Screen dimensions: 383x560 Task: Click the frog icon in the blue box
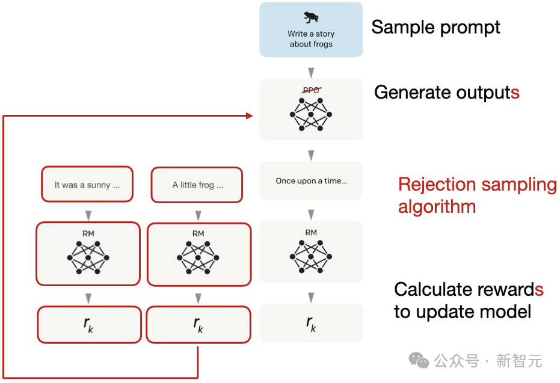(x=311, y=17)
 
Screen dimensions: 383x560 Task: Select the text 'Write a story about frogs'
(x=311, y=39)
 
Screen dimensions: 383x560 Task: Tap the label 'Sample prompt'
(x=435, y=27)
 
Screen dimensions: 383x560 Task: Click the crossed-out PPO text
(x=311, y=90)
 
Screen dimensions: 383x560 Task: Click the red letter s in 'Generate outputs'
(x=515, y=93)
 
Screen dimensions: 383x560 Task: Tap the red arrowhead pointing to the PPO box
(x=249, y=115)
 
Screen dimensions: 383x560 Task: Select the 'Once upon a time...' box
(x=311, y=180)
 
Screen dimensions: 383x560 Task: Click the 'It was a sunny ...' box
(x=87, y=185)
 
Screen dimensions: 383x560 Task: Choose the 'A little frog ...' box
(x=197, y=185)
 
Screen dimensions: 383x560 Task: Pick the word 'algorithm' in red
(x=437, y=207)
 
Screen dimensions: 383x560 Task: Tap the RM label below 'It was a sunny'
(x=88, y=233)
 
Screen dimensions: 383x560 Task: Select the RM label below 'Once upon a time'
(x=311, y=233)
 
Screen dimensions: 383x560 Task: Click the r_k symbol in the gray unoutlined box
(x=310, y=323)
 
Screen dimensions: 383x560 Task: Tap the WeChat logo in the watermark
(x=419, y=360)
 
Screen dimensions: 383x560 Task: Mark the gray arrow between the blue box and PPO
(x=311, y=72)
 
